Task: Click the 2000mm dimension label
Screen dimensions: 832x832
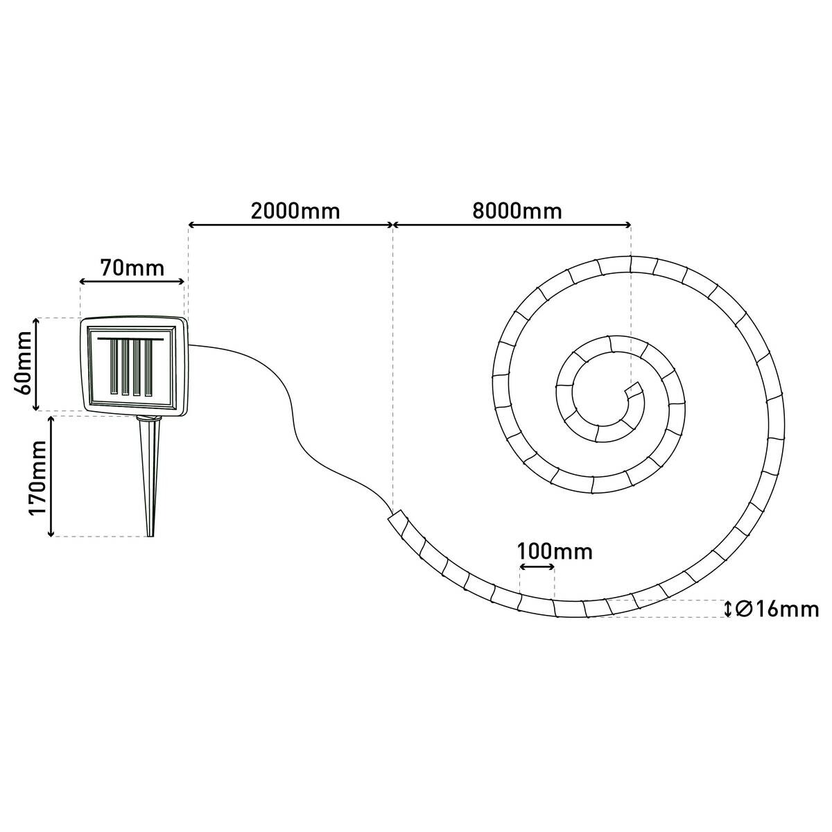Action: pyautogui.click(x=295, y=211)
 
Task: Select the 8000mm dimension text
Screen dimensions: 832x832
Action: pyautogui.click(x=517, y=211)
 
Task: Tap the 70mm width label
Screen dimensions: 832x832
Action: pyautogui.click(x=132, y=268)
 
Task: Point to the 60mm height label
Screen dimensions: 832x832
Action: pyautogui.click(x=22, y=363)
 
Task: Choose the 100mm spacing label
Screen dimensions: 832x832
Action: pyautogui.click(x=555, y=552)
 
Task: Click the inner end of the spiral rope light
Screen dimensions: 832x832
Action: pyautogui.click(x=632, y=392)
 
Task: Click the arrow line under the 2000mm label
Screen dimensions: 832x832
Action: pyautogui.click(x=291, y=225)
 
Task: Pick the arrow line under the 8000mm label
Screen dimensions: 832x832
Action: pyautogui.click(x=513, y=225)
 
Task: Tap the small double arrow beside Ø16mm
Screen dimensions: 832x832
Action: pyautogui.click(x=727, y=609)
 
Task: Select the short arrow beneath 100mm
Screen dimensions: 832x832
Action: pyautogui.click(x=537, y=567)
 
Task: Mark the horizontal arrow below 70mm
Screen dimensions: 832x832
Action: pyautogui.click(x=132, y=281)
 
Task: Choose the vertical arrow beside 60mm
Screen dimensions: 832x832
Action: pyautogui.click(x=37, y=364)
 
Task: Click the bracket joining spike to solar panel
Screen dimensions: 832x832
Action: pyautogui.click(x=147, y=417)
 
